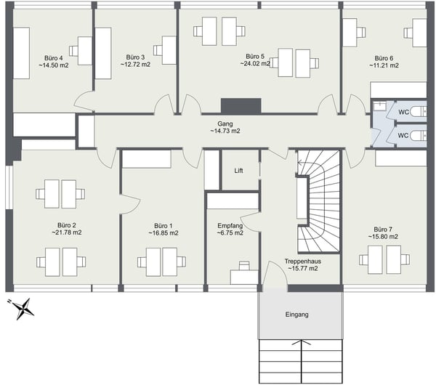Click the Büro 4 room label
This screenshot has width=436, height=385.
pos(52,58)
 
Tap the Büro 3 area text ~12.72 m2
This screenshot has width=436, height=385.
pos(135,65)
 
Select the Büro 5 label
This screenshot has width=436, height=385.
pos(254,56)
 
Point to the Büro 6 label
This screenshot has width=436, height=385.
pos(384,58)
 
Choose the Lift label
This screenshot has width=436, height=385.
pos(238,171)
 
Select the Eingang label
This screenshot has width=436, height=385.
pos(296,315)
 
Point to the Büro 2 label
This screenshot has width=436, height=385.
pos(67,225)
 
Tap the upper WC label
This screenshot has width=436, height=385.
pos(403,112)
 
